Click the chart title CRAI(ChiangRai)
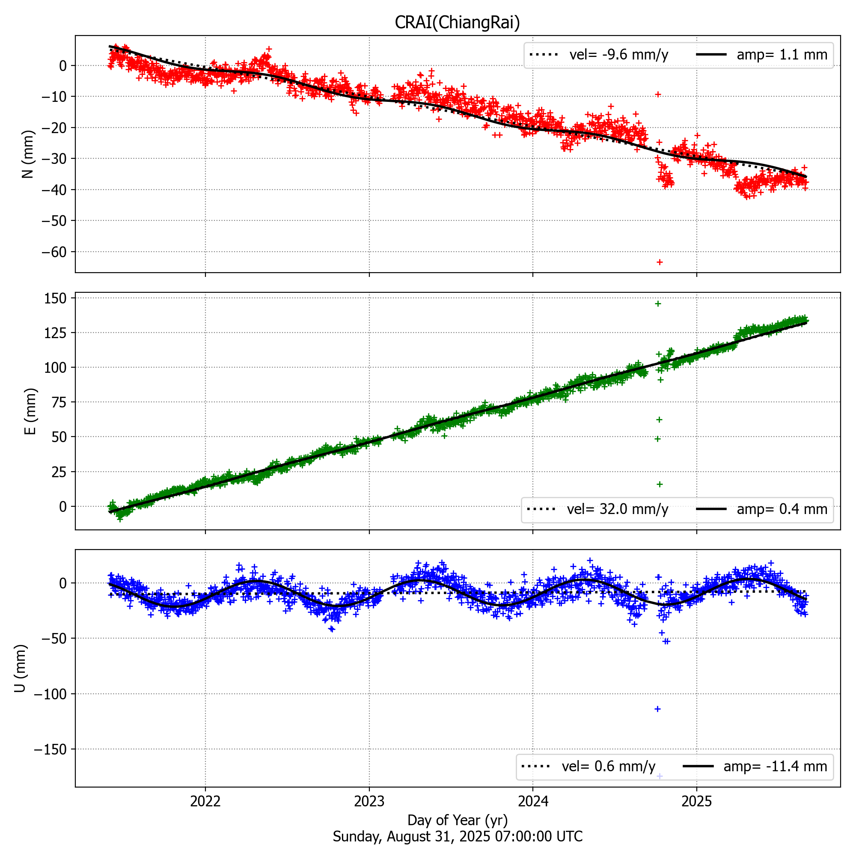point(457,22)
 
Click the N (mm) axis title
point(28,154)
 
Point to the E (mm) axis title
point(30,411)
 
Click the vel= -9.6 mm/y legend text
point(618,55)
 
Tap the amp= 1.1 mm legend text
point(782,55)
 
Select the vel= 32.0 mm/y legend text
point(617,509)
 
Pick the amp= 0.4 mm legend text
point(782,509)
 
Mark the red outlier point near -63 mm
point(659,262)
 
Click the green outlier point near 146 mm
point(658,303)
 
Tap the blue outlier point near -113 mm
point(657,709)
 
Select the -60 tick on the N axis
point(53,252)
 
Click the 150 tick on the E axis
point(55,299)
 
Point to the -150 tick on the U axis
point(50,750)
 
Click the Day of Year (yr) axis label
point(457,820)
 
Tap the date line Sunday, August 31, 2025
point(457,836)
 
